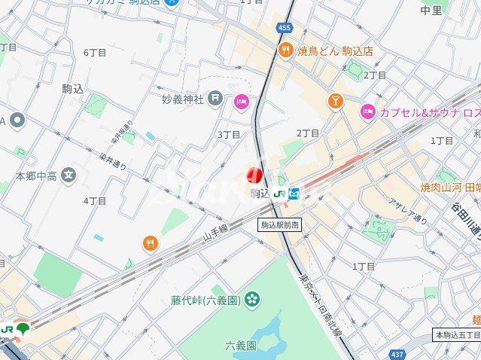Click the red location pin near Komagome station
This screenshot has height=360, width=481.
[x=254, y=175]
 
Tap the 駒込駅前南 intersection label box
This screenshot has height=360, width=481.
[x=281, y=224]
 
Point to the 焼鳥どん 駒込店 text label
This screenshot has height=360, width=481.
[x=335, y=51]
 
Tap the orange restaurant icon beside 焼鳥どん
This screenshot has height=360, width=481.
[x=285, y=51]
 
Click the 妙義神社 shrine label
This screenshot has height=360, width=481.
[x=182, y=98]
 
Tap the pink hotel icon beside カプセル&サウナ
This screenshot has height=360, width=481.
[x=367, y=112]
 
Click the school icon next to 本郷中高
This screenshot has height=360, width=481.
[x=68, y=176]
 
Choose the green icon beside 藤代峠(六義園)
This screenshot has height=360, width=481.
[x=251, y=301]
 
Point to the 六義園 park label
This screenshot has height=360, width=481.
[x=241, y=346]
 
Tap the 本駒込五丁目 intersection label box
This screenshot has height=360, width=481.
[x=457, y=334]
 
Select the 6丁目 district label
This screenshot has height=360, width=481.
[x=95, y=52]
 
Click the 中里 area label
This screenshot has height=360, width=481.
[x=431, y=11]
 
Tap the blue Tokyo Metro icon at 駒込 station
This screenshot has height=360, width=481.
[x=294, y=194]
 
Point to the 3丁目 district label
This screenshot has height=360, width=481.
[x=229, y=134]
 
